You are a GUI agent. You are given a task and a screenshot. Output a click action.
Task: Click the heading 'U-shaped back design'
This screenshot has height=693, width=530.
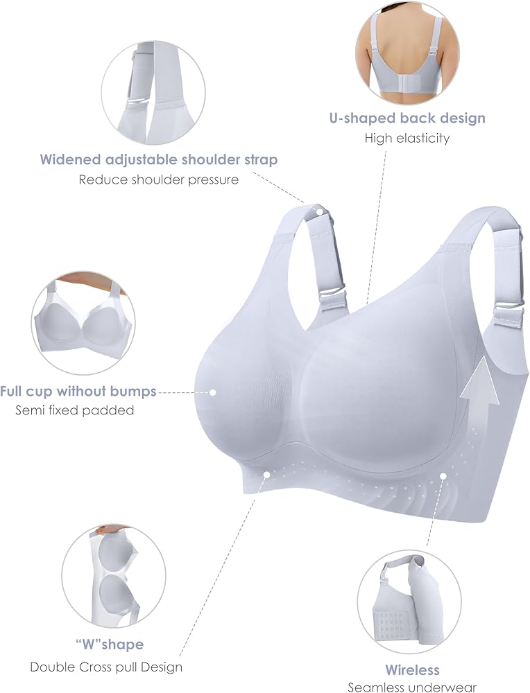(x=407, y=118)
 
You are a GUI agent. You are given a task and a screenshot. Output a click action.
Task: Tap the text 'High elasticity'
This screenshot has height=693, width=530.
(x=407, y=138)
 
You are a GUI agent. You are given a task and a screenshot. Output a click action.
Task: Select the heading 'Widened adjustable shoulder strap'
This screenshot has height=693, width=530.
(x=159, y=159)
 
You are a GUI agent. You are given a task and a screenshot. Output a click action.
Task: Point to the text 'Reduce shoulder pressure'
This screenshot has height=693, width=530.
(x=159, y=179)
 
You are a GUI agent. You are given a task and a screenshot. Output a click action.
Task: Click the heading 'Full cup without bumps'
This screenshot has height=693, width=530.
(x=78, y=391)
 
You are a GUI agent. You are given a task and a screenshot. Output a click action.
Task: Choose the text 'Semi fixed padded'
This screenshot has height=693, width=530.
(x=75, y=410)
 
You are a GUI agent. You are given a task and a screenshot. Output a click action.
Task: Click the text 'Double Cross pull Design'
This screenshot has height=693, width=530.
(x=106, y=667)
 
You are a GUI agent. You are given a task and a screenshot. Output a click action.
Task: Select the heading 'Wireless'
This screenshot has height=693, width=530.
(x=412, y=670)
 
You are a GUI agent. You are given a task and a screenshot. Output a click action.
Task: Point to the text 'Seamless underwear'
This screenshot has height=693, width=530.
(x=412, y=687)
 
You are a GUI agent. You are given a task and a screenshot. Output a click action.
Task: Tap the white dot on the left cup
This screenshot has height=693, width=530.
(x=213, y=392)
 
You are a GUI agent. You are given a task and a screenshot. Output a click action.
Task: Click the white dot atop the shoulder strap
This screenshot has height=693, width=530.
(x=320, y=210)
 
